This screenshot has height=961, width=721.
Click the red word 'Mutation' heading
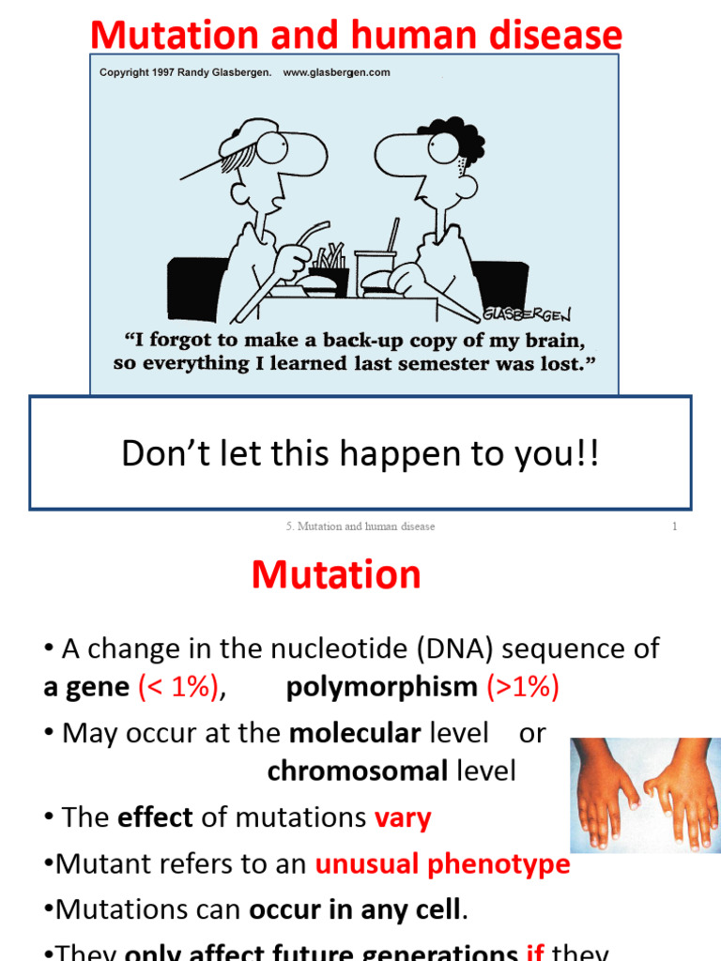[336, 574]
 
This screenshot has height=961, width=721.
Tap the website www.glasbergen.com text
[336, 72]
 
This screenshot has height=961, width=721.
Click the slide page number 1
[674, 526]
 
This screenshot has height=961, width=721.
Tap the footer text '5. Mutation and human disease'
[360, 526]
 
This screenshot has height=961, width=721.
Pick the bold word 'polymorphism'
[381, 687]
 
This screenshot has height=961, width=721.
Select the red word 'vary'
[403, 817]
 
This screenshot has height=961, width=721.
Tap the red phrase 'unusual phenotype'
[442, 863]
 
